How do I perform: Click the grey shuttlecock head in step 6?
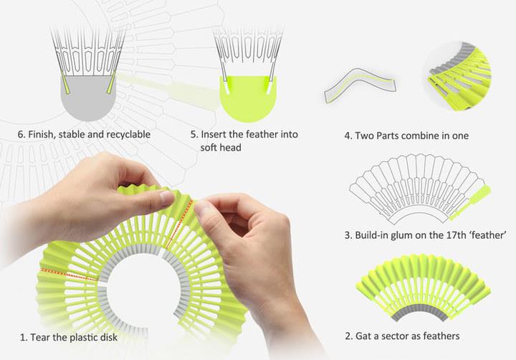(88, 97)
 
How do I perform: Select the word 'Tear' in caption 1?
(39, 337)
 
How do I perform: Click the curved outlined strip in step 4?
(360, 84)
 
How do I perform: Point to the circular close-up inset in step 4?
(457, 76)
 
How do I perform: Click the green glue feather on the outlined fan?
(471, 202)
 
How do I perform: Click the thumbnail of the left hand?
(167, 199)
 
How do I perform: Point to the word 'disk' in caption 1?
(109, 337)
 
